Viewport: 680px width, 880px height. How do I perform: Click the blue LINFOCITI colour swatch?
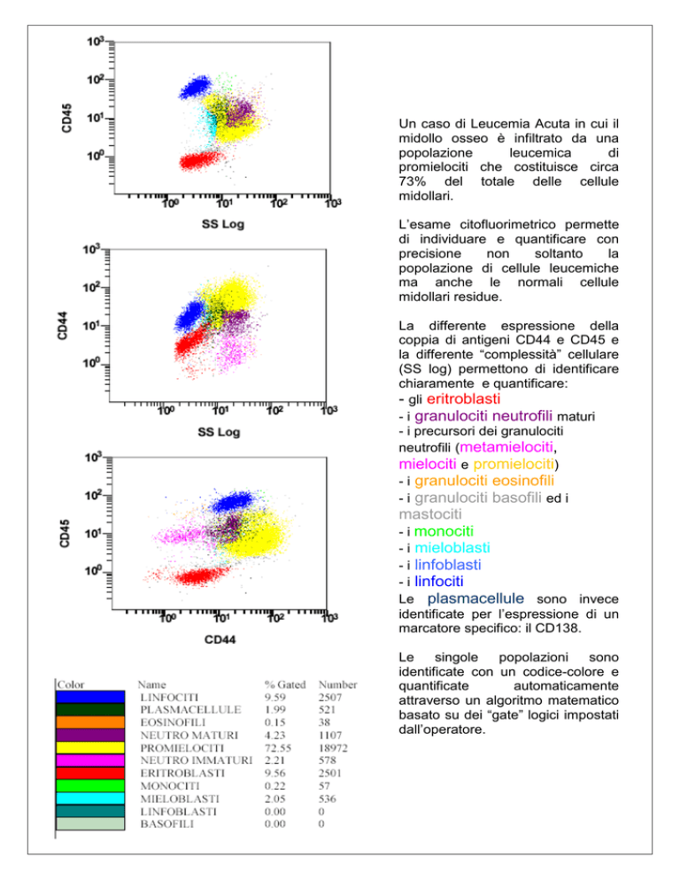(90, 697)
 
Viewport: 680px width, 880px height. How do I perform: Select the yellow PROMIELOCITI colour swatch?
(90, 747)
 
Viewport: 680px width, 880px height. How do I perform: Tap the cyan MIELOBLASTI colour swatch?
(90, 798)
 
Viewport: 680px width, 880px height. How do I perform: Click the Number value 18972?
(333, 748)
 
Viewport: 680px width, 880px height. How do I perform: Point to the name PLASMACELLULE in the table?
(190, 709)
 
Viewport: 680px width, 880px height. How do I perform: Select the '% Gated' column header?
(285, 684)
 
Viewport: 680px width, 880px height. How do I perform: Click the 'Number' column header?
(337, 684)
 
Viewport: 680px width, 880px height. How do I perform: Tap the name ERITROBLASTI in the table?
(182, 774)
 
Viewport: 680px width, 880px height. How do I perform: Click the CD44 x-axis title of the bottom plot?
(220, 640)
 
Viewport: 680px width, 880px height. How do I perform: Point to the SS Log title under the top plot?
(223, 224)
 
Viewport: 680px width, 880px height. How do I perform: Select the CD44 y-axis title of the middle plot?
(62, 326)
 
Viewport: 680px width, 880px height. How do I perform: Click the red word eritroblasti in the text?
(463, 399)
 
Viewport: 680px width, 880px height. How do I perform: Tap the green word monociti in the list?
(444, 531)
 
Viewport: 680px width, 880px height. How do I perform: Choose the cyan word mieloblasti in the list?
(452, 548)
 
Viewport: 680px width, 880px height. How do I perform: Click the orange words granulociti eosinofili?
(484, 481)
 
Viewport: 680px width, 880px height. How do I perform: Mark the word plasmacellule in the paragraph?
(475, 598)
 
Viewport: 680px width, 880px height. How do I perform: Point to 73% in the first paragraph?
(412, 181)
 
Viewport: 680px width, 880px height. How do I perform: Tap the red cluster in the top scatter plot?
(201, 160)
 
